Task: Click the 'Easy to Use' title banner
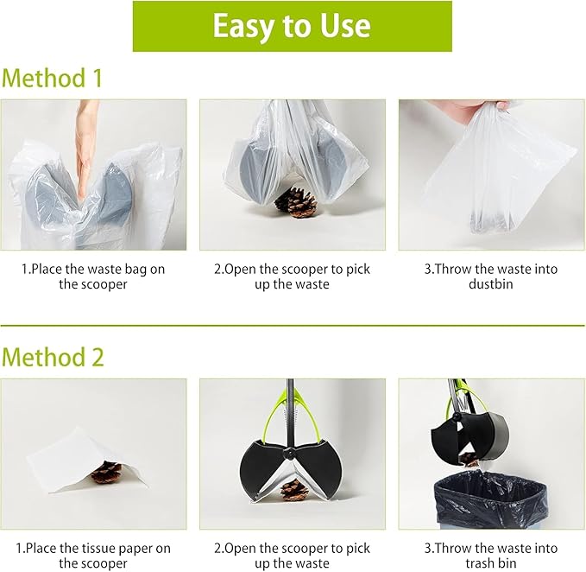coord(292,26)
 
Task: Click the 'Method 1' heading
coord(52,78)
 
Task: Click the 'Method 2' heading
coord(52,355)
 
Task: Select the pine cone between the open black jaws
coord(293,489)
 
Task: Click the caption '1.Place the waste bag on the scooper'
coord(93,276)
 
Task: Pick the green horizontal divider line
coord(292,326)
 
